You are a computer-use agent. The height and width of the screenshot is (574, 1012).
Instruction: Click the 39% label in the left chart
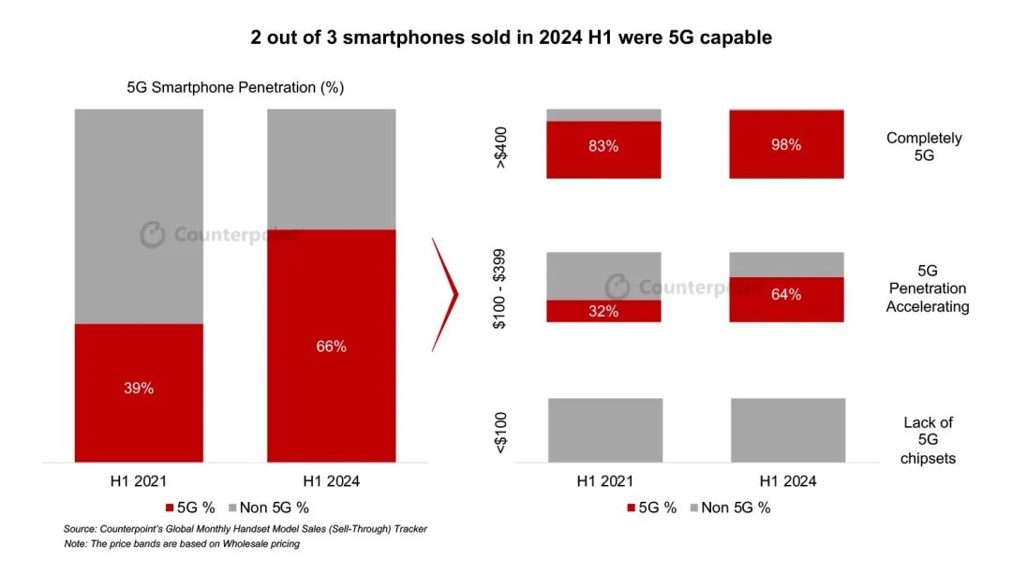(x=139, y=388)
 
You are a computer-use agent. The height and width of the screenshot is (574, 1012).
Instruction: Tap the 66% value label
(x=331, y=346)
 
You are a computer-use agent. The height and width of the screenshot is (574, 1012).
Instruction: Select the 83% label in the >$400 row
(x=604, y=146)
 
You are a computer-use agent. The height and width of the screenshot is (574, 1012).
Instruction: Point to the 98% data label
(x=786, y=145)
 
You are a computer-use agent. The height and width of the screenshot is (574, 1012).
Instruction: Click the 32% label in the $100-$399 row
(x=604, y=311)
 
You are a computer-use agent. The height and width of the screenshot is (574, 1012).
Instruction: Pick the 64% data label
(x=786, y=294)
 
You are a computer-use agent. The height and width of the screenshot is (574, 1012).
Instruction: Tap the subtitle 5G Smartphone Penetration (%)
(x=235, y=88)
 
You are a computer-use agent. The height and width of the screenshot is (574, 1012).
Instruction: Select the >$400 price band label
(x=501, y=144)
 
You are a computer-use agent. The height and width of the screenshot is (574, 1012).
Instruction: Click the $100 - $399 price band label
(x=501, y=287)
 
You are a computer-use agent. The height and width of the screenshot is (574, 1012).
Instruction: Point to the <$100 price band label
(x=501, y=430)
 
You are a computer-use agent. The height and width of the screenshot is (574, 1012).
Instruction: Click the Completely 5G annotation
(x=924, y=147)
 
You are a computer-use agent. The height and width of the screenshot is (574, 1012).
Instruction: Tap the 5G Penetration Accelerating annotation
(x=927, y=288)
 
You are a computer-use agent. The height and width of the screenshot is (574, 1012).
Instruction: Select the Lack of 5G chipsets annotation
(x=927, y=440)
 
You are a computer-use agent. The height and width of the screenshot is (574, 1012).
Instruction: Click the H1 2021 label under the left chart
(x=139, y=481)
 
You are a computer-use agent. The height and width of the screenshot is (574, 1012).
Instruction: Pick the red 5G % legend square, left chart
(x=170, y=508)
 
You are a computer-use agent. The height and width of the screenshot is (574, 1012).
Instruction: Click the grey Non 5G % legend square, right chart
(x=694, y=508)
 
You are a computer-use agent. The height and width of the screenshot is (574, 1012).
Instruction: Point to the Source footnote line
(x=245, y=529)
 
